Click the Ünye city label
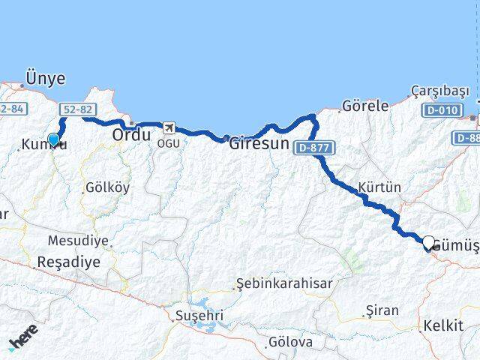coord(45,78)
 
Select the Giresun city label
coord(259,142)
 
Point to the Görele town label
coord(365,106)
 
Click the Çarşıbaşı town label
coord(439,91)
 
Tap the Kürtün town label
coord(379,187)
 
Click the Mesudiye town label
coord(78,241)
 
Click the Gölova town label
coord(290,342)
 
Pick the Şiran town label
coord(382,310)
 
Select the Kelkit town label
coord(442,326)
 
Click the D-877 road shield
coord(313,147)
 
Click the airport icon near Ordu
coord(170,128)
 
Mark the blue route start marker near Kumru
coord(53,139)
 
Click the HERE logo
coord(22,340)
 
